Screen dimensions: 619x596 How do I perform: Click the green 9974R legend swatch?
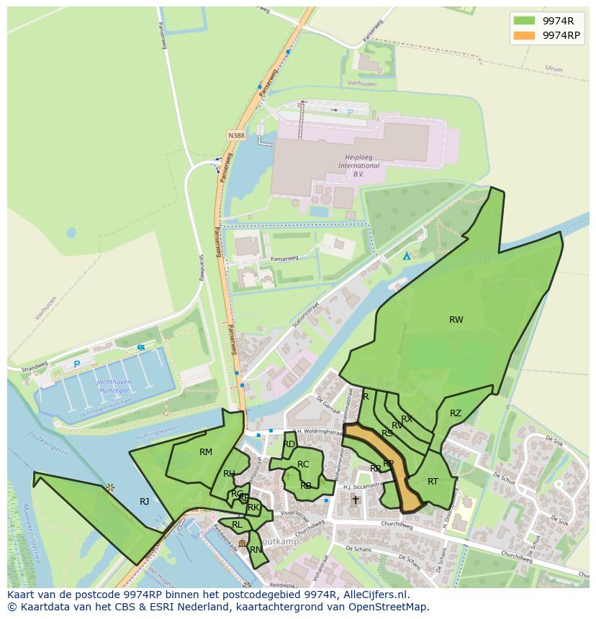[x=524, y=21]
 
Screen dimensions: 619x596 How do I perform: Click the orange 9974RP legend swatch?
[x=524, y=35]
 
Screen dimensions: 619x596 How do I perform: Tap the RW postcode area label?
[x=456, y=320]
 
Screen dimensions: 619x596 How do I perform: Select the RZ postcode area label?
[x=456, y=413]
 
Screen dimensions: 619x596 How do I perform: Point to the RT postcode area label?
[x=433, y=482]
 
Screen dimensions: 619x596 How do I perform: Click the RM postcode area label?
[x=206, y=452]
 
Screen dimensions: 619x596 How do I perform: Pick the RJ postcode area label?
[x=144, y=502]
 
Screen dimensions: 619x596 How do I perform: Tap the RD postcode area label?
[x=289, y=444]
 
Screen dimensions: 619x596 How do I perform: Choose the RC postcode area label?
[x=303, y=464]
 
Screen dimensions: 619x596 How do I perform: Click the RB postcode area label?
[x=306, y=486]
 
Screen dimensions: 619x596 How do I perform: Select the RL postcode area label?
[x=237, y=525]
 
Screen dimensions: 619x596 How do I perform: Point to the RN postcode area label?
[x=256, y=550]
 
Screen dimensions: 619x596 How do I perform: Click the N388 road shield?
[x=235, y=135]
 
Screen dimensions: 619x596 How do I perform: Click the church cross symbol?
[x=355, y=500]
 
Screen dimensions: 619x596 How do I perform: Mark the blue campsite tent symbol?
[x=407, y=256]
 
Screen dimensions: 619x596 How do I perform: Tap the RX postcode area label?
[x=407, y=419]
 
